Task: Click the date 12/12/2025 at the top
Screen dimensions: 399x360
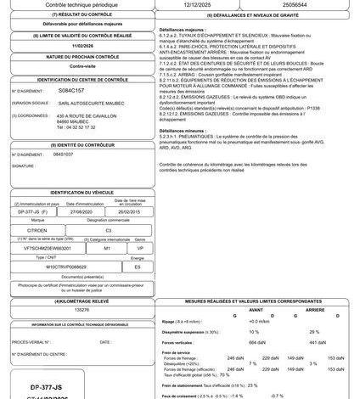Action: [x=190, y=4]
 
